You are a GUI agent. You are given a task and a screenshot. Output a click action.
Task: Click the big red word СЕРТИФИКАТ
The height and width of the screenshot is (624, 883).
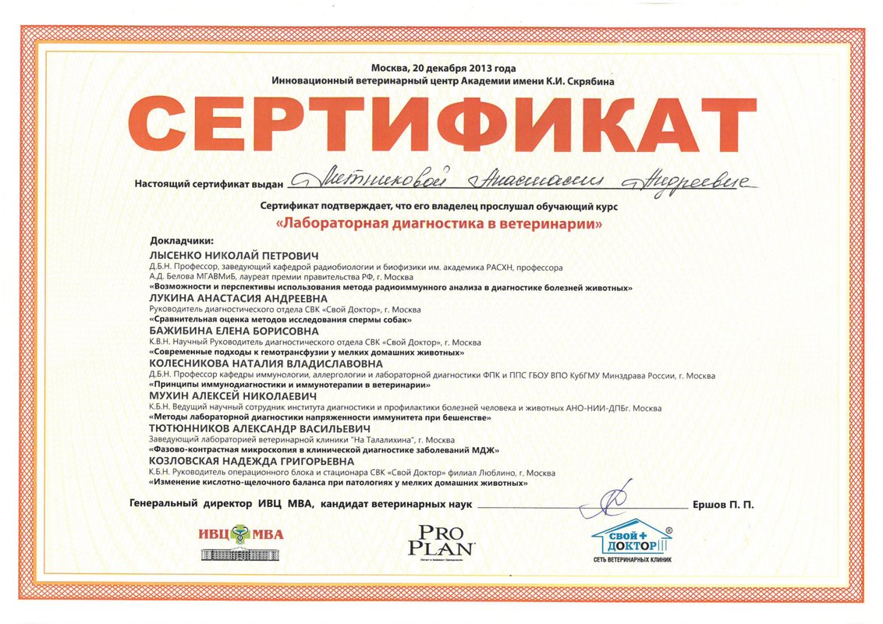[x=441, y=129]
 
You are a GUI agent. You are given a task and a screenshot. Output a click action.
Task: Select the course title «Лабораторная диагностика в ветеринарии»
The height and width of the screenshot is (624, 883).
[x=441, y=223]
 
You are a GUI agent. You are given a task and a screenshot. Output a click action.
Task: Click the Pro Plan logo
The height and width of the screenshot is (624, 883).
[x=441, y=539]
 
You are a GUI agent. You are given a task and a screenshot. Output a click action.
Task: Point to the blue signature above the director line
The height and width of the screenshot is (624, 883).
[x=609, y=502]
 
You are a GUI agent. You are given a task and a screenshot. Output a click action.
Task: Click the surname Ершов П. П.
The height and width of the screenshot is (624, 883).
[x=723, y=505]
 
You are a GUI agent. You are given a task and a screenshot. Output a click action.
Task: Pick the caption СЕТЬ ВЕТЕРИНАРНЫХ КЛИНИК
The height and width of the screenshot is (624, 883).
[x=632, y=559]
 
